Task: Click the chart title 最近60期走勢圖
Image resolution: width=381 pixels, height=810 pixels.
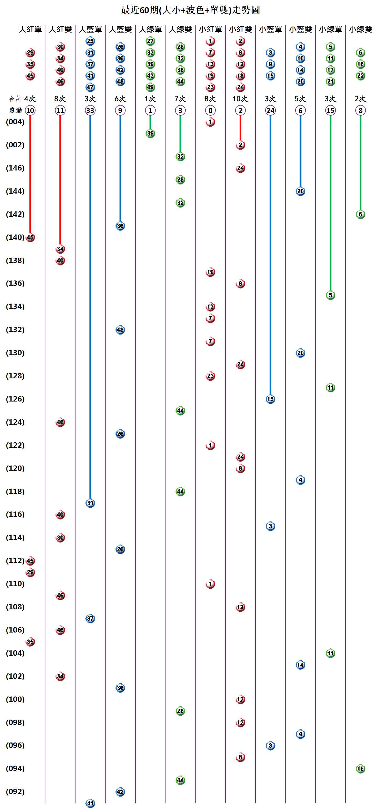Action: click(190, 10)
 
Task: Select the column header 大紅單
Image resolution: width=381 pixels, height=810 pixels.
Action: click(30, 29)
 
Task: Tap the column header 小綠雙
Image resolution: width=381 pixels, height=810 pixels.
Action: click(360, 29)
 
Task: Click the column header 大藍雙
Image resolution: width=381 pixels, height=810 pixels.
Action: click(120, 29)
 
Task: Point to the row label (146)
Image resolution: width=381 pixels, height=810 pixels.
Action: click(15, 168)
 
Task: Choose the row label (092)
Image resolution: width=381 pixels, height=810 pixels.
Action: click(15, 791)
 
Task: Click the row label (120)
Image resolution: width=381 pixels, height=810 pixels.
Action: click(15, 468)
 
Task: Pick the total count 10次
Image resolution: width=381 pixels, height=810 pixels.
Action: click(240, 99)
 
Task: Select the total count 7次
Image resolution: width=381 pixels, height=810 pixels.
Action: click(180, 99)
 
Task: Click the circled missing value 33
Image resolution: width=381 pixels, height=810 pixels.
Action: click(90, 110)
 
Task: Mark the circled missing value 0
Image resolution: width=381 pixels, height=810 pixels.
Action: click(210, 110)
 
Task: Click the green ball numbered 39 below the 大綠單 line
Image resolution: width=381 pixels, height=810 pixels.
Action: click(150, 133)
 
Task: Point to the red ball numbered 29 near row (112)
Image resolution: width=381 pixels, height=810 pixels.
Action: click(30, 572)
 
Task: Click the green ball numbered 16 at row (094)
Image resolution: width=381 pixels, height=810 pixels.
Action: click(360, 769)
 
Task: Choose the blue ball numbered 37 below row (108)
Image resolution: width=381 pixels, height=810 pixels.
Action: click(90, 619)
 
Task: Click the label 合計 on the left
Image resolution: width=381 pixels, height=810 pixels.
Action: click(15, 99)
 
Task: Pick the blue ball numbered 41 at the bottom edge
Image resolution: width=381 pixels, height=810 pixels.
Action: click(90, 803)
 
